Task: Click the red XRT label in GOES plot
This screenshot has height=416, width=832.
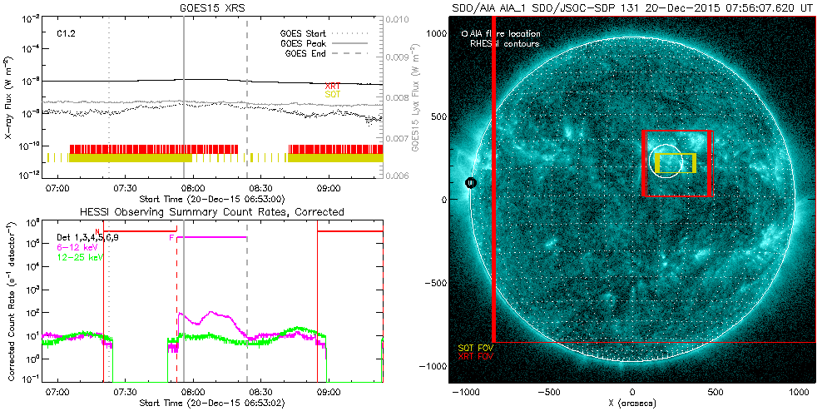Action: pyautogui.click(x=332, y=87)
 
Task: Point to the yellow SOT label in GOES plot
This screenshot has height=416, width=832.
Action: pyautogui.click(x=332, y=95)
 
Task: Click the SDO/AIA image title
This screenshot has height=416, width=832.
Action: pyautogui.click(x=632, y=7)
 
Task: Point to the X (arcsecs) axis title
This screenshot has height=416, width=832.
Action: pyautogui.click(x=633, y=404)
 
